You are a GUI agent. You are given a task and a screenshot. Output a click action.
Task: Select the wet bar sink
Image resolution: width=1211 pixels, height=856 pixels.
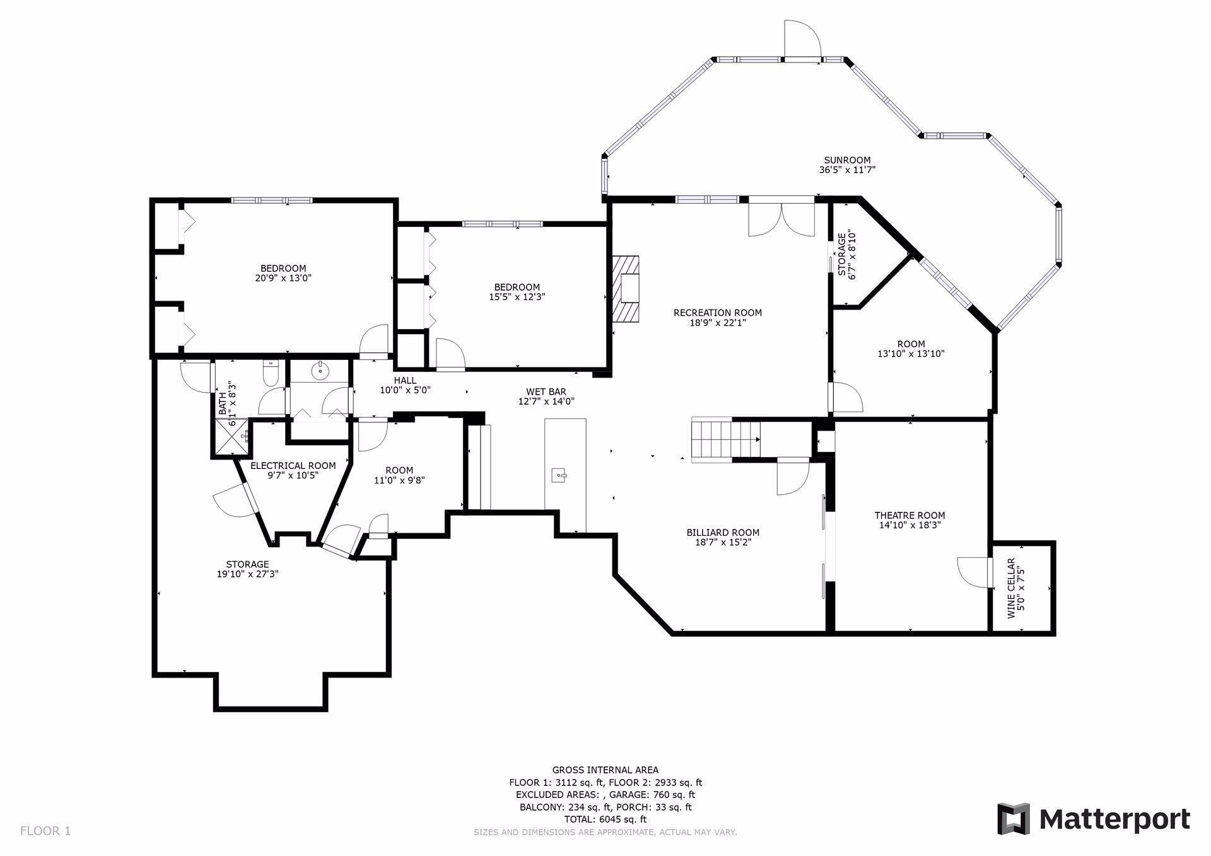tap(559, 475)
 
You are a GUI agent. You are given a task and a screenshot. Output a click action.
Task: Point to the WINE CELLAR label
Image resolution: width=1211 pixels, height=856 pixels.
tap(1015, 588)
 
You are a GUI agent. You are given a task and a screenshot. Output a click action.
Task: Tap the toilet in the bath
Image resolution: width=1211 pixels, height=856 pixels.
tap(270, 373)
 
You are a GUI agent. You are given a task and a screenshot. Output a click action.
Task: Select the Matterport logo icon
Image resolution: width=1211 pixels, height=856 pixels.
tap(1013, 819)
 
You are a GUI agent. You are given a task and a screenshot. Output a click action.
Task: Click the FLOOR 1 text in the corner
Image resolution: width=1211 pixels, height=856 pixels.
tap(45, 831)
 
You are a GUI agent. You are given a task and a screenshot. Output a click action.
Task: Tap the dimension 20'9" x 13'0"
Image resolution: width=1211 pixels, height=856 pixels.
tap(283, 278)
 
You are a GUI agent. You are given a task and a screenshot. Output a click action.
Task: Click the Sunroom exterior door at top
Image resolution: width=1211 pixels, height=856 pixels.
tap(802, 41)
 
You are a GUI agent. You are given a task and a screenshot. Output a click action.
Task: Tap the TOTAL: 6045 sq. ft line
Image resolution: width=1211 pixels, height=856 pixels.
tap(605, 819)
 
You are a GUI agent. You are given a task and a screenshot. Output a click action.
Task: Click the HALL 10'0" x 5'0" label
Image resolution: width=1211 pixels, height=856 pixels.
tap(405, 385)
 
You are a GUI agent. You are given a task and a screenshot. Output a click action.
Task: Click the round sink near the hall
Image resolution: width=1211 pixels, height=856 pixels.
tap(321, 370)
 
